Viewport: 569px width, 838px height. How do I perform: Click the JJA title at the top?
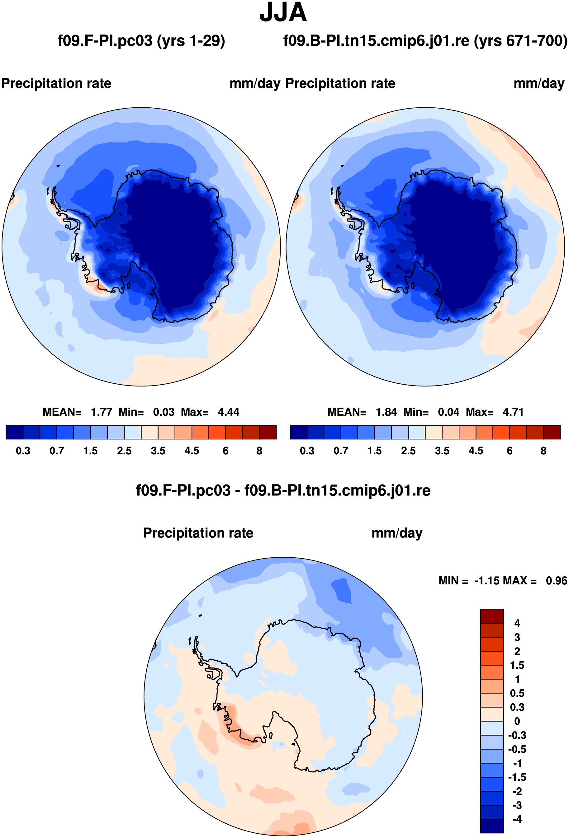tap(283, 13)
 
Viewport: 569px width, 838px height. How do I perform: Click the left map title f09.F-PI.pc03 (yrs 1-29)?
tap(141, 41)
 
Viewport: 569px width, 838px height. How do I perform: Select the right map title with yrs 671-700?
tap(425, 41)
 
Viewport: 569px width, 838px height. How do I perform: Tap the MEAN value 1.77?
tap(102, 412)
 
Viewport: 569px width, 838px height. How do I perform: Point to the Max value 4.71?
tap(513, 412)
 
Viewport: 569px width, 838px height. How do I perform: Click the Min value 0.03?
tap(164, 412)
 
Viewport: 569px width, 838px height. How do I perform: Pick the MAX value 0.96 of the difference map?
tap(556, 581)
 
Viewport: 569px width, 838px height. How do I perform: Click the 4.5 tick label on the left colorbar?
tap(192, 451)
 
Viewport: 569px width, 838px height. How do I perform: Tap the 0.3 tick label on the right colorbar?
tap(307, 451)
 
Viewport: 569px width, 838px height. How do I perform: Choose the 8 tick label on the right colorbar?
tap(543, 451)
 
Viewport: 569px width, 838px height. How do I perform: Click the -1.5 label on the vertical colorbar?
tap(517, 777)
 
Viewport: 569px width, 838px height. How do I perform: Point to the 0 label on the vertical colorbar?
tap(517, 721)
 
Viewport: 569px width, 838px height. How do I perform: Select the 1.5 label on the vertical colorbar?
tap(517, 665)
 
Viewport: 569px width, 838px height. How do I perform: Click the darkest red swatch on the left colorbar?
tap(268, 432)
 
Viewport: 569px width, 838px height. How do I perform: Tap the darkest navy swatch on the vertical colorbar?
tap(491, 826)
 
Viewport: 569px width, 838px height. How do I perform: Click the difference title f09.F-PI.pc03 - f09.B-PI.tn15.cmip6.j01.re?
tap(283, 490)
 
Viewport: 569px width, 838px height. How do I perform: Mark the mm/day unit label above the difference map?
tap(396, 533)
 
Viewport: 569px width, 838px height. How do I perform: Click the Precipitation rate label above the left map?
tap(56, 83)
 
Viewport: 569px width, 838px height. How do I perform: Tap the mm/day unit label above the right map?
tap(539, 83)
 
